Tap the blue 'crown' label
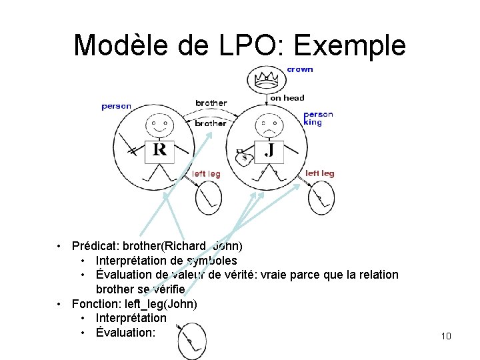(300, 69)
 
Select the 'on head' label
(287, 98)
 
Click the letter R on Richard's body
(159, 149)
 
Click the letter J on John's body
(269, 150)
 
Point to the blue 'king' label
(313, 123)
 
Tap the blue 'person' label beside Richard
(117, 106)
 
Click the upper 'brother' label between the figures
(211, 103)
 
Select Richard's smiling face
(158, 123)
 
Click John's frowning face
(268, 124)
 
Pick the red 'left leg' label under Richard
(206, 174)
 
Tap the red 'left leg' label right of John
(319, 173)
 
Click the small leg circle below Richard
(208, 197)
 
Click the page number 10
(446, 336)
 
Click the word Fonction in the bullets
(94, 304)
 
